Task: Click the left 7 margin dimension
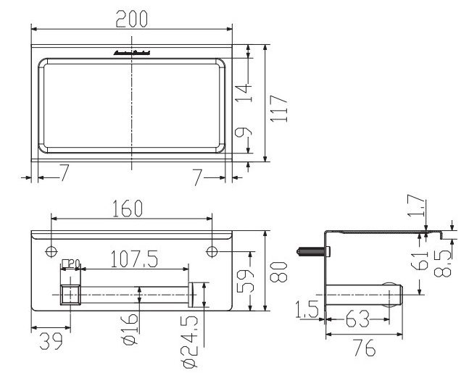coord(64,173)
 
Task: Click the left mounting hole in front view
coord(51,251)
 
